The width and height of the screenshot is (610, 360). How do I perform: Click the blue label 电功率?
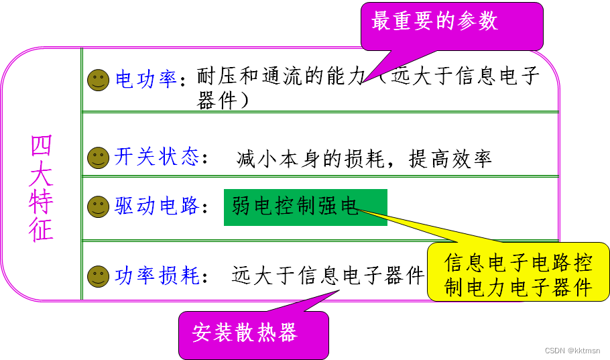pyautogui.click(x=145, y=80)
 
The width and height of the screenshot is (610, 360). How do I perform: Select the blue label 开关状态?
pyautogui.click(x=157, y=158)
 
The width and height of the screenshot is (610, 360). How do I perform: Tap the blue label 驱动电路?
pyautogui.click(x=157, y=206)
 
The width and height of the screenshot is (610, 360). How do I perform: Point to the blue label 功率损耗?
pyautogui.click(x=157, y=276)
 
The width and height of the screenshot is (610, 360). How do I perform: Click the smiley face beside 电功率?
pyautogui.click(x=98, y=80)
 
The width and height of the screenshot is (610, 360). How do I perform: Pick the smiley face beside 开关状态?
pyautogui.click(x=98, y=158)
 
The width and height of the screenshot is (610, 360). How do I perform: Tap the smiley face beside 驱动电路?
pyautogui.click(x=98, y=206)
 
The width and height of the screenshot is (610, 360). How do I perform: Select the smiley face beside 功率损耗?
pyautogui.click(x=98, y=276)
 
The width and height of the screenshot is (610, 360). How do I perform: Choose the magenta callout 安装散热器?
pyautogui.click(x=253, y=333)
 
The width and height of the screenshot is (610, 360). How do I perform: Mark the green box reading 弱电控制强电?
pyautogui.click(x=305, y=206)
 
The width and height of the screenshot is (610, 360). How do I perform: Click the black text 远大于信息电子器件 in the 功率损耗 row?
pyautogui.click(x=328, y=275)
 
